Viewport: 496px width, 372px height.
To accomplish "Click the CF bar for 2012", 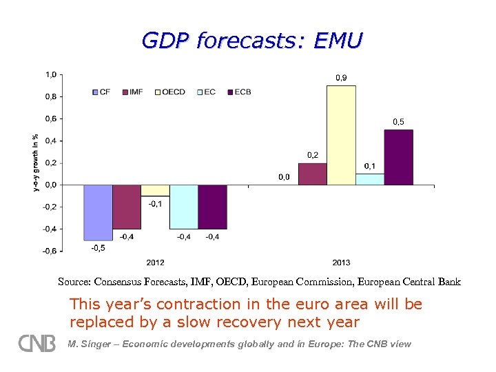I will tap(98, 212).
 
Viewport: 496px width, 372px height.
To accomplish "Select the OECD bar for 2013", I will tap(341, 135).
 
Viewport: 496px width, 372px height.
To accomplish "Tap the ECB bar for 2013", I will tap(398, 157).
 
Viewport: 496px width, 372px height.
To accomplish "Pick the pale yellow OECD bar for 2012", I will tap(155, 190).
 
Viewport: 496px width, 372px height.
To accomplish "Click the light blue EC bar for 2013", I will tap(370, 179).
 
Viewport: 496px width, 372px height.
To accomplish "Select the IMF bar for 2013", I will tap(312, 174).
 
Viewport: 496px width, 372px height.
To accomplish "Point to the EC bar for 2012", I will tap(184, 207).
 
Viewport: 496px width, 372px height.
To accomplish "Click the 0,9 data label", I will tap(341, 78).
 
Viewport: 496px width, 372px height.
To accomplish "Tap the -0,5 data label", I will tap(98, 248).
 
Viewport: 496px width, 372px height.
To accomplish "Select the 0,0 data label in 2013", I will tap(284, 177).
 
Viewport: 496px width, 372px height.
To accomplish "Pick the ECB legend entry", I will tap(239, 92).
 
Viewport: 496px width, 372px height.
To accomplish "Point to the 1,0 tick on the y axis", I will tap(51, 74).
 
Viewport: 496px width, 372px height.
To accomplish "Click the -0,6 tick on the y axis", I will tap(50, 251).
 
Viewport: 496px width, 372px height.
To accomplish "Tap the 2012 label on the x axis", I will tap(155, 262).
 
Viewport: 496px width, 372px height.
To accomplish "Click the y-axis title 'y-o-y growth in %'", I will tap(36, 163).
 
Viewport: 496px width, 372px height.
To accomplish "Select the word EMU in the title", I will tap(336, 41).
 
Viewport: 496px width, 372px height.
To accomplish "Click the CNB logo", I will tap(37, 343).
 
